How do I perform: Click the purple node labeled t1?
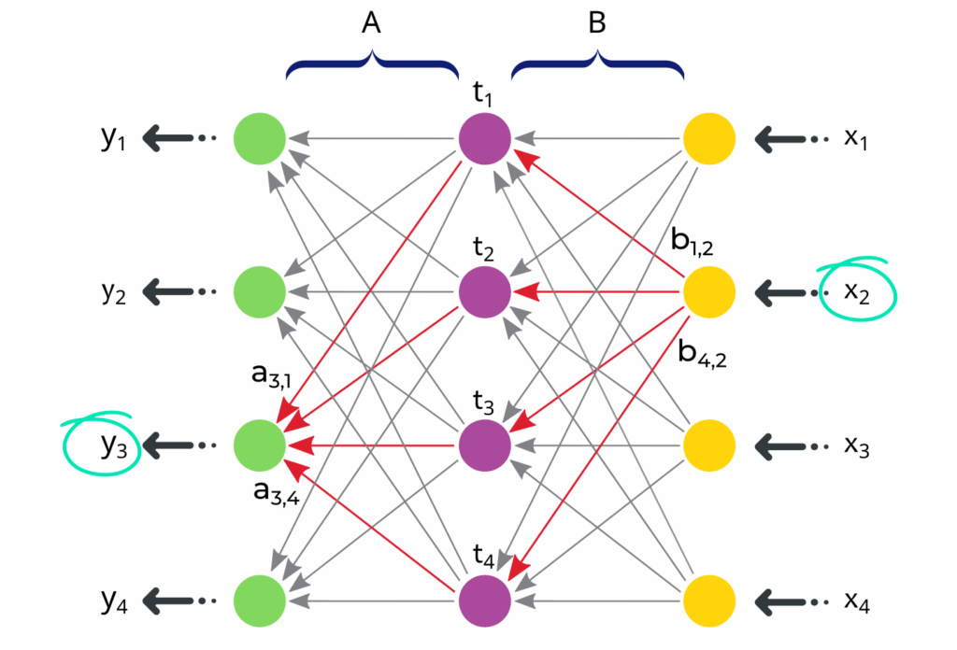pyautogui.click(x=484, y=139)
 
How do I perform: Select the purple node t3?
pyautogui.click(x=484, y=445)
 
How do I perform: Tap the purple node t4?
pyautogui.click(x=484, y=598)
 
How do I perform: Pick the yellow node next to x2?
pyautogui.click(x=709, y=292)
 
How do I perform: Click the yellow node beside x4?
pyautogui.click(x=709, y=598)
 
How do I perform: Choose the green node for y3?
pyautogui.click(x=260, y=445)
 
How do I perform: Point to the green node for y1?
pyautogui.click(x=260, y=139)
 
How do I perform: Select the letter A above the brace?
pyautogui.click(x=372, y=25)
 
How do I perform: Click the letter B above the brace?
pyautogui.click(x=597, y=25)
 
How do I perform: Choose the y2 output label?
pyautogui.click(x=114, y=292)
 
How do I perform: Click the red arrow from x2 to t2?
pyautogui.click(x=598, y=292)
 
